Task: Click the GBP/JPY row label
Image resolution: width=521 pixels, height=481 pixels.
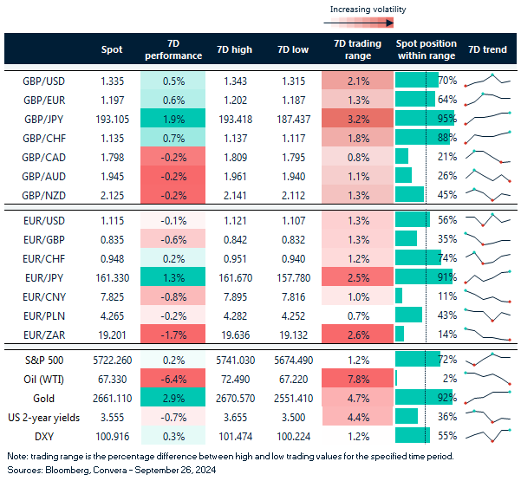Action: (49, 118)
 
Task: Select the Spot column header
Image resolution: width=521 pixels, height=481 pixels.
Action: (112, 49)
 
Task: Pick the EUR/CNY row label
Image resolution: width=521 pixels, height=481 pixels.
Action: (48, 296)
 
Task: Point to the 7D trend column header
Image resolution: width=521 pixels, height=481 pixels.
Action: (487, 49)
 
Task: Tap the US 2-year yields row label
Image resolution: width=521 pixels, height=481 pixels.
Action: (46, 418)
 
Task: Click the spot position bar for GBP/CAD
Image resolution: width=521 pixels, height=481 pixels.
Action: (402, 156)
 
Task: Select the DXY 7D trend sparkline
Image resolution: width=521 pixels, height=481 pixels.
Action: (486, 437)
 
